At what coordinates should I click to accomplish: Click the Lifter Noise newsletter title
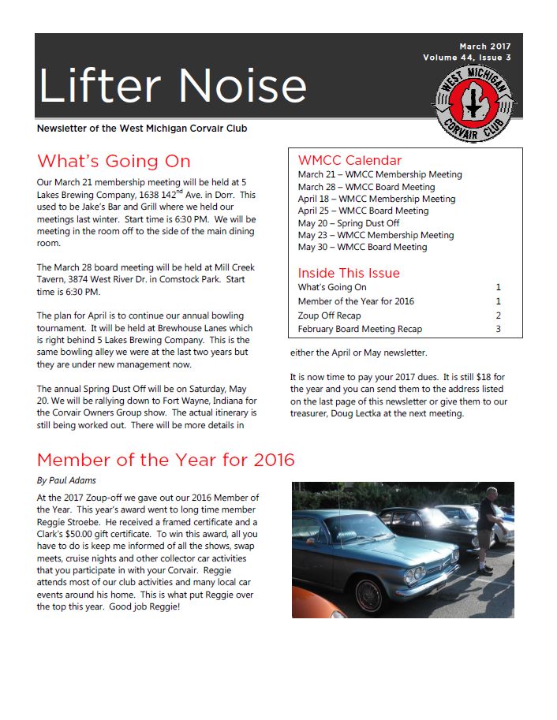tap(172, 86)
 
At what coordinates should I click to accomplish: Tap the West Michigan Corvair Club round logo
tap(474, 104)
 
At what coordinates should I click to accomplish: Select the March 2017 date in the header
tap(485, 47)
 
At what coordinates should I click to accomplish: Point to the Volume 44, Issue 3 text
tap(466, 58)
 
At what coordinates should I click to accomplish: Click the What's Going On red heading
tap(114, 162)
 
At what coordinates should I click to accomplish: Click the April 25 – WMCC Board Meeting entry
tap(363, 211)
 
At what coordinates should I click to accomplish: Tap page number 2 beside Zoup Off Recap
tap(498, 315)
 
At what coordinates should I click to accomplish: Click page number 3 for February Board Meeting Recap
tap(498, 329)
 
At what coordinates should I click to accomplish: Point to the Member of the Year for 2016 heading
tap(166, 460)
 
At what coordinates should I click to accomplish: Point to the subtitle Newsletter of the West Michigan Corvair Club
tap(147, 129)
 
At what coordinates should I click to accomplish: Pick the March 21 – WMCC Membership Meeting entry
tap(379, 174)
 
